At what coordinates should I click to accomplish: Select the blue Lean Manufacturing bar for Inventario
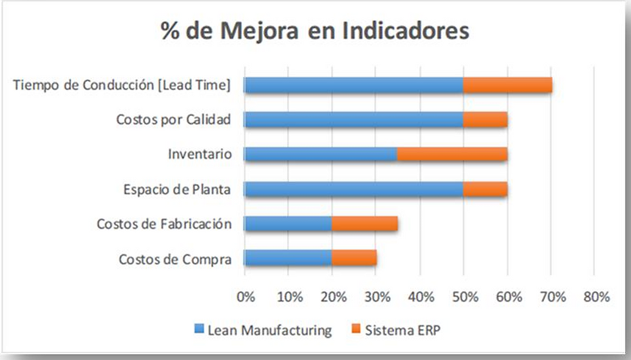pyautogui.click(x=321, y=154)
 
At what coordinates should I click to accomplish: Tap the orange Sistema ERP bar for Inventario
pyautogui.click(x=452, y=154)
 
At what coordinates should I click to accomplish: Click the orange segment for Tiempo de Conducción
pyautogui.click(x=507, y=85)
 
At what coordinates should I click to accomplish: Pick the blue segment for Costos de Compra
pyautogui.click(x=288, y=258)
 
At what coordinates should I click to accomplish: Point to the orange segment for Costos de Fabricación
pyautogui.click(x=364, y=223)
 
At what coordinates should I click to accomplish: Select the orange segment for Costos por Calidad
pyautogui.click(x=485, y=120)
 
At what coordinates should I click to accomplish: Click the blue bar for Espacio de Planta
pyautogui.click(x=353, y=189)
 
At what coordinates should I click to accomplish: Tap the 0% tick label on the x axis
pyautogui.click(x=246, y=297)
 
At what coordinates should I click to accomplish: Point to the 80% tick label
pyautogui.click(x=596, y=297)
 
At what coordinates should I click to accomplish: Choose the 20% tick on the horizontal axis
pyautogui.click(x=333, y=297)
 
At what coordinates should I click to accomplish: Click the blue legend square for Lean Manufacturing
pyautogui.click(x=199, y=331)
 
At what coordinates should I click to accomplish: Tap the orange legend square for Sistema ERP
pyautogui.click(x=355, y=331)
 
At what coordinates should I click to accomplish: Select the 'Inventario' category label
pyautogui.click(x=199, y=155)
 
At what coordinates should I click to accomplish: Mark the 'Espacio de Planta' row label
pyautogui.click(x=177, y=190)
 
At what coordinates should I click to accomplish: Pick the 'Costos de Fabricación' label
pyautogui.click(x=164, y=224)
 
